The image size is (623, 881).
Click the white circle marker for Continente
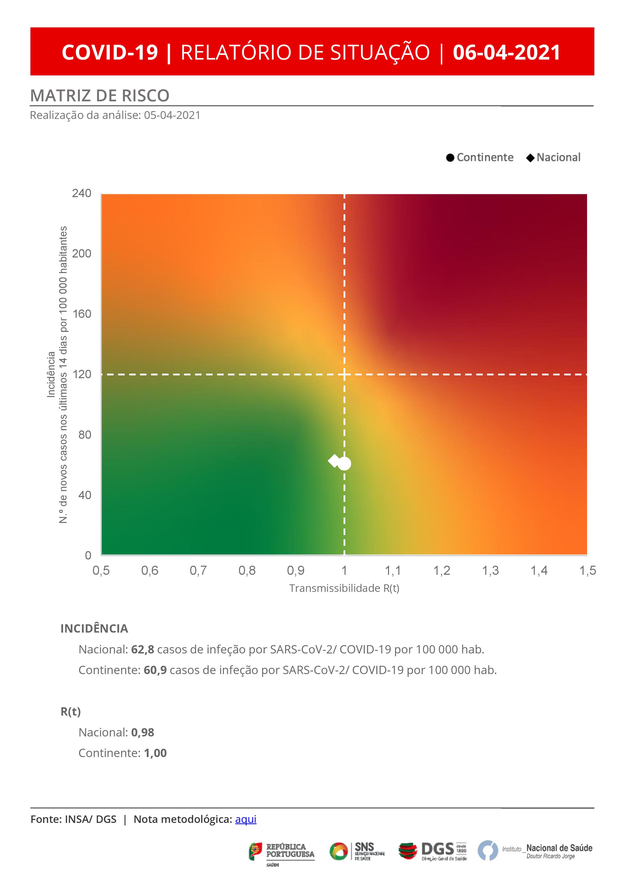[345, 464]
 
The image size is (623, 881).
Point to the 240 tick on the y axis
[82, 193]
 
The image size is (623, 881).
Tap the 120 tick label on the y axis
[82, 374]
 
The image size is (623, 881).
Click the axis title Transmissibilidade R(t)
[344, 588]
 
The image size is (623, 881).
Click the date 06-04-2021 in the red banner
[506, 52]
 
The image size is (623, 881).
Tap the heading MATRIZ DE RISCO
[100, 96]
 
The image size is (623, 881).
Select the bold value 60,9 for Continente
[155, 670]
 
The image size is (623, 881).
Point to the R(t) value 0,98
[142, 732]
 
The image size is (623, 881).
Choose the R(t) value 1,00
[155, 753]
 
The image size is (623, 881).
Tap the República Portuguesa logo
[282, 852]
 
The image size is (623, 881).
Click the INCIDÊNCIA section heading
[94, 629]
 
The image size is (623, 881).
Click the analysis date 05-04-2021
[172, 115]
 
